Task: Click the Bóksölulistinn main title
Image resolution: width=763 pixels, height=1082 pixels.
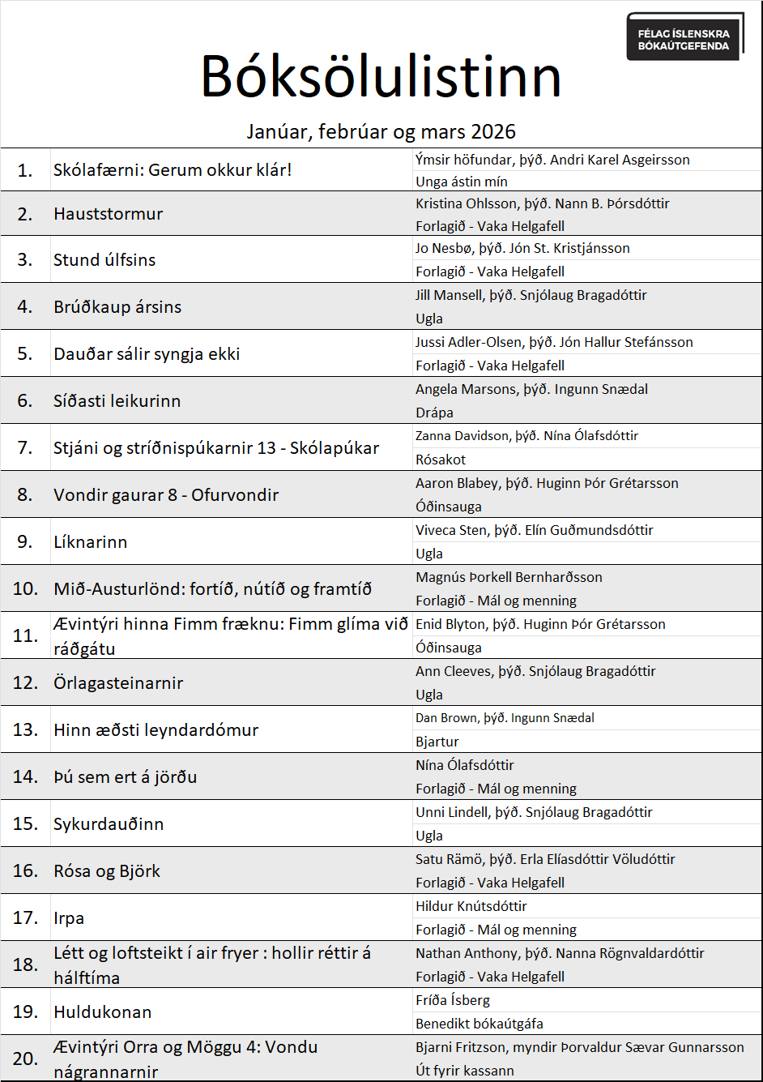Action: pyautogui.click(x=381, y=78)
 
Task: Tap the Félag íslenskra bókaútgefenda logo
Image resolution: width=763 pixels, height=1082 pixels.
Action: pyautogui.click(x=684, y=37)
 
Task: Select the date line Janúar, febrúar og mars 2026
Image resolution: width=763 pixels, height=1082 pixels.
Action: pyautogui.click(x=381, y=131)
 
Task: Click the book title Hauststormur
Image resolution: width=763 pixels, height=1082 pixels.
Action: pyautogui.click(x=109, y=214)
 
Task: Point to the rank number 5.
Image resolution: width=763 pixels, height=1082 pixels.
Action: pyautogui.click(x=25, y=354)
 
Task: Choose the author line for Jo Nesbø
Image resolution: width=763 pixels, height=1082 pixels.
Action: pyautogui.click(x=522, y=248)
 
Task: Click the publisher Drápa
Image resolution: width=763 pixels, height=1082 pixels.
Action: pyautogui.click(x=434, y=413)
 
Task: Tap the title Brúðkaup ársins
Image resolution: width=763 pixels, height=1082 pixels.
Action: pyautogui.click(x=117, y=307)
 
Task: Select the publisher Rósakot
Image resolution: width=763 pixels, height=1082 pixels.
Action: pyautogui.click(x=441, y=460)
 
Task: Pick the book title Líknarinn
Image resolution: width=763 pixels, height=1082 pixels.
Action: pyautogui.click(x=91, y=542)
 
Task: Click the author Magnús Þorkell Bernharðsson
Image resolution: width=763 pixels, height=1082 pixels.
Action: pyautogui.click(x=509, y=577)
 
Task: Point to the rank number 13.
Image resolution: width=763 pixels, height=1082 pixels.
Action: pyautogui.click(x=25, y=730)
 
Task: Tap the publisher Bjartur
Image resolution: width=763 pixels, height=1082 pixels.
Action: pyautogui.click(x=437, y=742)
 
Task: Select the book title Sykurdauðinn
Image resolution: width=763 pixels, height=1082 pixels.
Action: pyautogui.click(x=109, y=824)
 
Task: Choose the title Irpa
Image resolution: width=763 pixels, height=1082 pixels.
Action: pyautogui.click(x=69, y=918)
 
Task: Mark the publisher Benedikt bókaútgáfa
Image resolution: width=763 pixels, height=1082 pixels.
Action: pyautogui.click(x=480, y=1024)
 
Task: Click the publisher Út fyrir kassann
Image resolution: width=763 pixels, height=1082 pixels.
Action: pyautogui.click(x=465, y=1071)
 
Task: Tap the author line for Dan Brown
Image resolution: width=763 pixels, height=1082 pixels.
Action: pyautogui.click(x=505, y=718)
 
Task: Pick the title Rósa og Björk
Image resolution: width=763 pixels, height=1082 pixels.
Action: pyautogui.click(x=107, y=871)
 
